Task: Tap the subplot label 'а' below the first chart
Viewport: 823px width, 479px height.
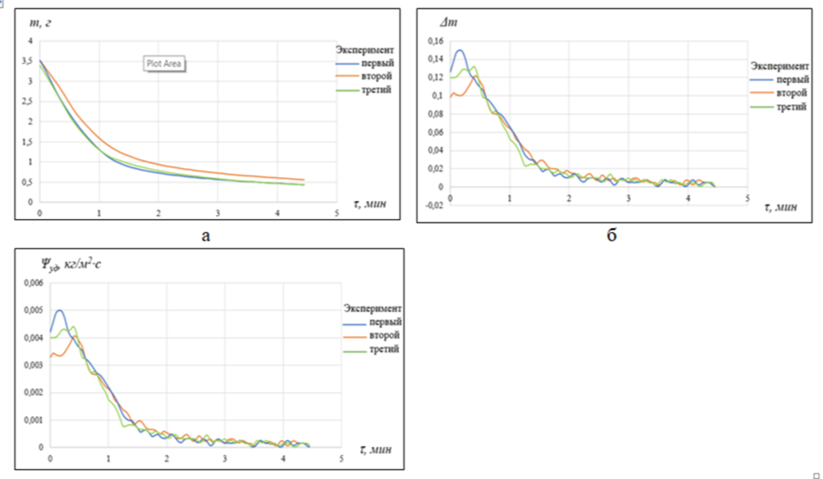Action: pyautogui.click(x=206, y=236)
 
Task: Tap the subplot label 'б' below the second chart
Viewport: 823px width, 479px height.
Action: pyautogui.click(x=611, y=236)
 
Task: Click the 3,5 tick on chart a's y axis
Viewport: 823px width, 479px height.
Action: pyautogui.click(x=30, y=62)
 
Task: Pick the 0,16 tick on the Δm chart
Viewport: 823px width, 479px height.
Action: pyautogui.click(x=435, y=41)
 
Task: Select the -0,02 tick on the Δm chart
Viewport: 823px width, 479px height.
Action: pyautogui.click(x=433, y=206)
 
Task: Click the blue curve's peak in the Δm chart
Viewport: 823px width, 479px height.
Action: pyautogui.click(x=460, y=50)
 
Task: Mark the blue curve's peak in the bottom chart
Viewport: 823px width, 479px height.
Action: pyautogui.click(x=60, y=311)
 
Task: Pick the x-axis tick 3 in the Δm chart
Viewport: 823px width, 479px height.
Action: pyautogui.click(x=628, y=198)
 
